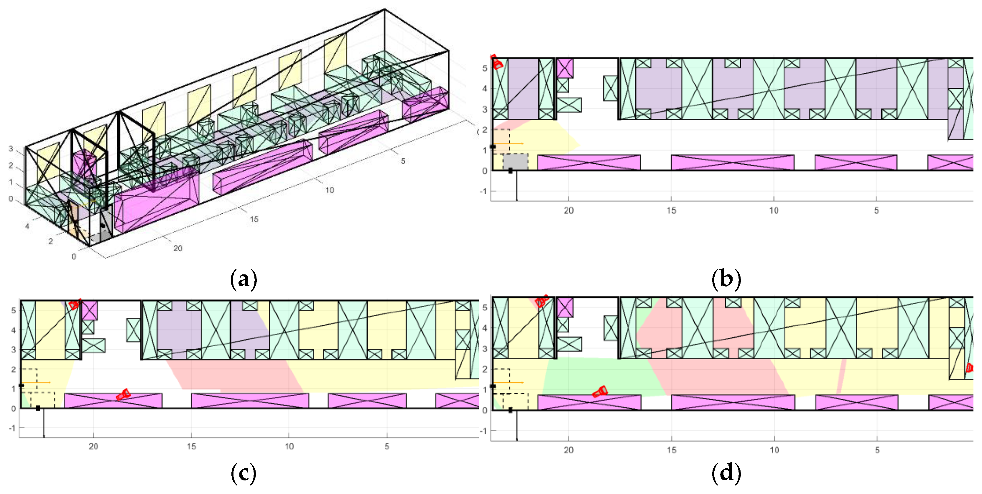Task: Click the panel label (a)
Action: [244, 279]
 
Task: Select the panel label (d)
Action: [726, 473]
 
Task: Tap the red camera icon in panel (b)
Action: [496, 62]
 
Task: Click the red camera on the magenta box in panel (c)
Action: [123, 394]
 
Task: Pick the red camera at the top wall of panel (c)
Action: [74, 304]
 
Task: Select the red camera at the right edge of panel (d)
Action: [969, 368]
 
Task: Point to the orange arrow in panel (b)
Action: [509, 143]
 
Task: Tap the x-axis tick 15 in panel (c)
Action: [191, 446]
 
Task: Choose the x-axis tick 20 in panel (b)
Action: [568, 210]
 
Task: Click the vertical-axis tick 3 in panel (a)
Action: [11, 149]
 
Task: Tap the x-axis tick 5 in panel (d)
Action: [877, 450]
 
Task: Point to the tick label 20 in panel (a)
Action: [178, 248]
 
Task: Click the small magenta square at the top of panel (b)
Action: [565, 68]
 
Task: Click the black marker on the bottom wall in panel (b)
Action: [510, 171]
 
